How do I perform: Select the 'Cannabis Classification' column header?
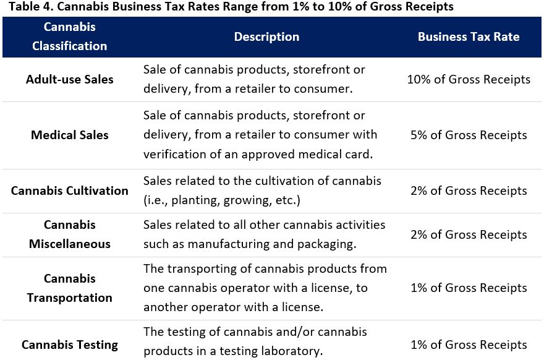[70, 36]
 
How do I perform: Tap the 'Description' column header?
[266, 36]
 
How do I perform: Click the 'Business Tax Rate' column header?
[469, 36]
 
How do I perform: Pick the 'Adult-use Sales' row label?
[70, 79]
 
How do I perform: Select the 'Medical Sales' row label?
[70, 135]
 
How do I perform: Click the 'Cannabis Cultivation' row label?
[70, 191]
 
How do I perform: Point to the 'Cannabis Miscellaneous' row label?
[70, 234]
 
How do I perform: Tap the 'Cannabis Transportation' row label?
[70, 288]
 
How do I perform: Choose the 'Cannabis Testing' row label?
[70, 345]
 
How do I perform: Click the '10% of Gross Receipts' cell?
[469, 79]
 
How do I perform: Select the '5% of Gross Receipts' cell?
[469, 135]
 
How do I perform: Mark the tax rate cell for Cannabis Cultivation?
[469, 191]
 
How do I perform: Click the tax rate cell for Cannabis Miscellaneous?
[469, 234]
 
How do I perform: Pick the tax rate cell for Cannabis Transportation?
[469, 288]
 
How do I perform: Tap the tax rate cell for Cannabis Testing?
[469, 345]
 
